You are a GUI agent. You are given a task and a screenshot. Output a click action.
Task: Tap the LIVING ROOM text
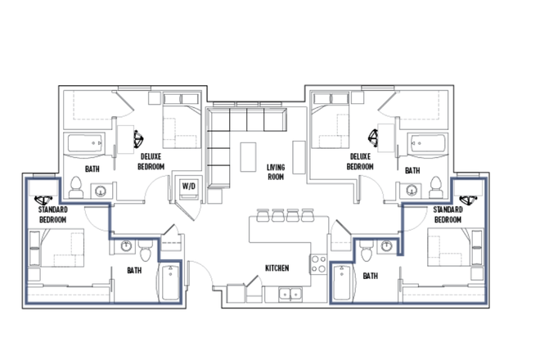tap(275, 173)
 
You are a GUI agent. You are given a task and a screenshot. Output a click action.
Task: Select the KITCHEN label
tap(276, 268)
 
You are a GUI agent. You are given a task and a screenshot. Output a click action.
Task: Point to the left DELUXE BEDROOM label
tap(152, 161)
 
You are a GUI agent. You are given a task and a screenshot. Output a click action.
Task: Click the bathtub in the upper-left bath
tap(85, 145)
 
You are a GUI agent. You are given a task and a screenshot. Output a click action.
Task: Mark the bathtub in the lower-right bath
tap(343, 283)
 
